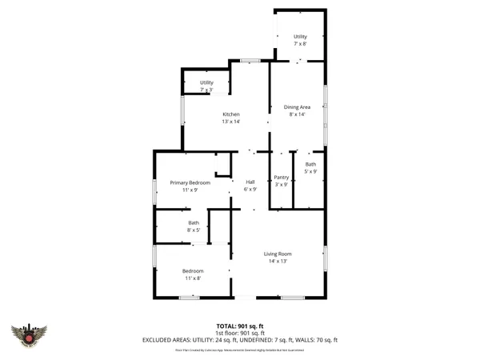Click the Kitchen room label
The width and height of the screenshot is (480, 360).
(231, 114)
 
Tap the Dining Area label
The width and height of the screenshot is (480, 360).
(298, 107)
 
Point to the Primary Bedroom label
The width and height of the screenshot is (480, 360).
(190, 183)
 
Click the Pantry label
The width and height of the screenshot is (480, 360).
(281, 178)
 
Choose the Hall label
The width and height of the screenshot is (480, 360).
(250, 182)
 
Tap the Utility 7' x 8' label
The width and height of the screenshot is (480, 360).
(300, 37)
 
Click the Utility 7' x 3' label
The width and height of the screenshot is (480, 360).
(206, 82)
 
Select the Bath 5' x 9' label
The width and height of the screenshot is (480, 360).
(310, 164)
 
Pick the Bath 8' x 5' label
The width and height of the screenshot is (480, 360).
(194, 222)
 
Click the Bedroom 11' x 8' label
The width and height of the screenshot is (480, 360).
(193, 270)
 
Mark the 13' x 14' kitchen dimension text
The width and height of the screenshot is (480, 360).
(231, 122)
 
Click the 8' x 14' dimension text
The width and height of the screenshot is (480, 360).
(298, 114)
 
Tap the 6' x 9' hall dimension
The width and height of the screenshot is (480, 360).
(250, 190)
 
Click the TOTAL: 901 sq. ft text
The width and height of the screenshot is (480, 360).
(240, 326)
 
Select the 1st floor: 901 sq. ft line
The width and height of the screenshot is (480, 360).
(240, 333)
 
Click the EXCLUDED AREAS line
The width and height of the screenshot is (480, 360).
(240, 340)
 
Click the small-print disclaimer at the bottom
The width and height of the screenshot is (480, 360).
(240, 350)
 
